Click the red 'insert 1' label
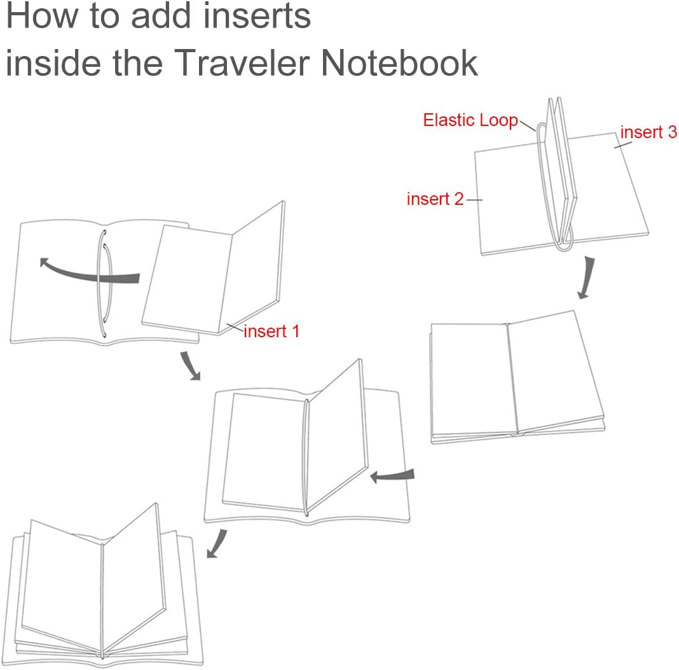coord(271,331)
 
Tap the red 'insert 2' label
coord(436,199)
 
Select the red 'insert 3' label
coord(648,132)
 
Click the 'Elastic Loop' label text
coord(470,120)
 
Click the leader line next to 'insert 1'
coord(235,327)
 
